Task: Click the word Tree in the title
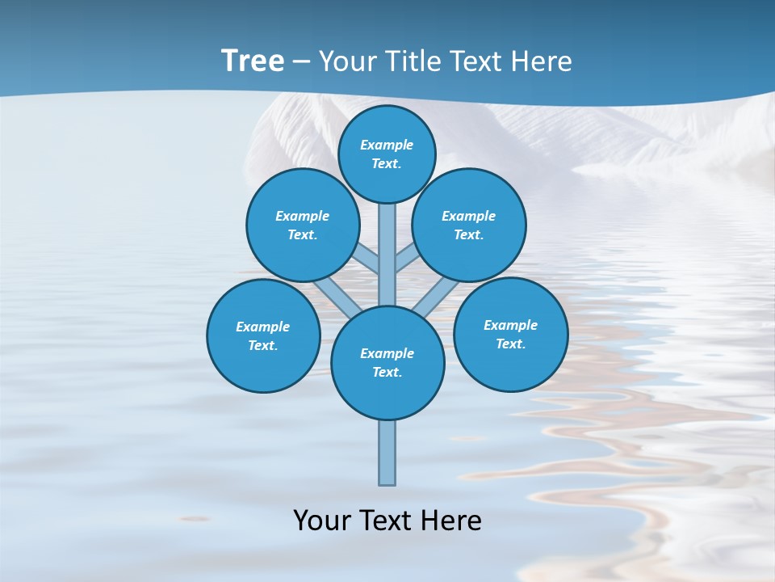tap(253, 61)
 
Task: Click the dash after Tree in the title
tap(301, 62)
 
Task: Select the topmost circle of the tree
tap(387, 154)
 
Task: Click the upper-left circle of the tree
tap(303, 225)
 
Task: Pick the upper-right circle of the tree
tap(469, 225)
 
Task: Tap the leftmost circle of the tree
tap(263, 335)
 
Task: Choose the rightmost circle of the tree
tap(511, 334)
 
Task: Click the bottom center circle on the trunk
tap(387, 363)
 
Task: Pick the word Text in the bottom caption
tap(387, 521)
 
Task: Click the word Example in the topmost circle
tap(387, 145)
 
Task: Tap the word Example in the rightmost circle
tap(510, 325)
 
